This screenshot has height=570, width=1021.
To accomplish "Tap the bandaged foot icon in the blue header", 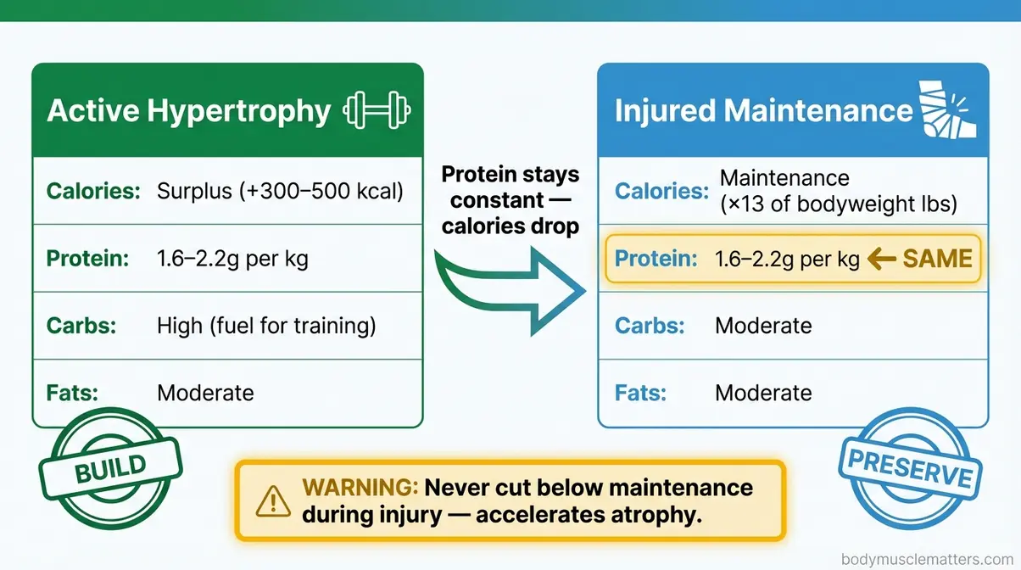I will [947, 110].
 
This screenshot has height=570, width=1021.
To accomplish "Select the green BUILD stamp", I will [111, 468].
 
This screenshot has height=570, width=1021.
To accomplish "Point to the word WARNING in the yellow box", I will [360, 488].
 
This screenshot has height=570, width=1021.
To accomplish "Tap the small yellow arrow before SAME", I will [882, 260].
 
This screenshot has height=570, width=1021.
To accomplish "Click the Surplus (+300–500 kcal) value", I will [280, 191].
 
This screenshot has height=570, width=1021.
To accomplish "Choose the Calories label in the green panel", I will [93, 191].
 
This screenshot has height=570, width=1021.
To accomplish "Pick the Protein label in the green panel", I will [88, 259].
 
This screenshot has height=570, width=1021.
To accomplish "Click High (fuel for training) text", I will [266, 326].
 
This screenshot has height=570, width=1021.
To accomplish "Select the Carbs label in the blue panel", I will [649, 326].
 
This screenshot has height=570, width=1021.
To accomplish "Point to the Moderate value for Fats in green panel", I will [205, 394].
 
